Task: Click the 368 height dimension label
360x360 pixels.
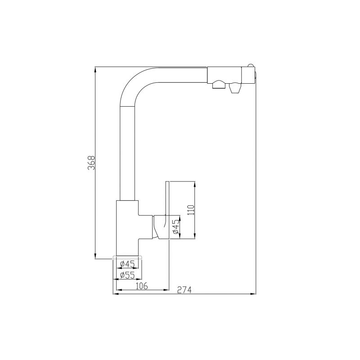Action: pos(91,163)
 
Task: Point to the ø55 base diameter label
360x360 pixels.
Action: pos(128,274)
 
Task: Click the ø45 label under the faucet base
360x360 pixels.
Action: pos(128,264)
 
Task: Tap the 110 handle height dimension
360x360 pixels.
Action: pos(190,210)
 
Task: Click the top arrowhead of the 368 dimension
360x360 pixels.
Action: pos(95,69)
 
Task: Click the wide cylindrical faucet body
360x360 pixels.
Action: pos(128,227)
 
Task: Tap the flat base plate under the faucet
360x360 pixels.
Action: pos(127,257)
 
